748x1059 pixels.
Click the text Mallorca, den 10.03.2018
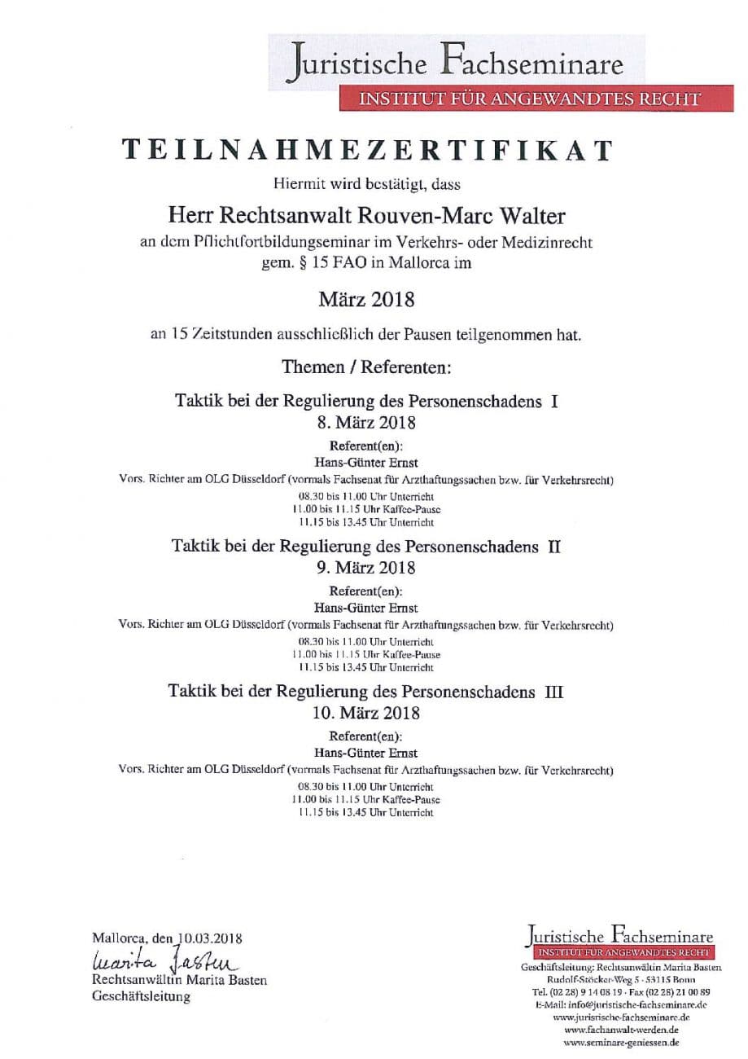click(x=168, y=938)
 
